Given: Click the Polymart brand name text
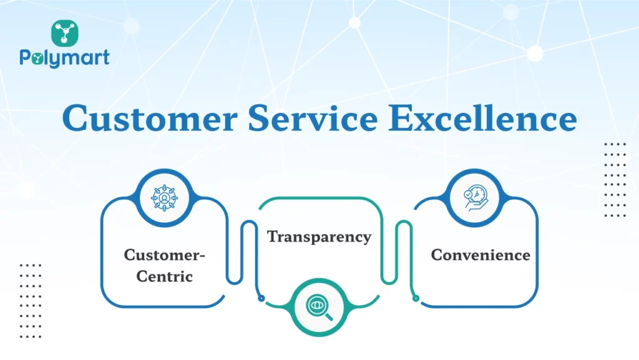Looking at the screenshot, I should point(64,59).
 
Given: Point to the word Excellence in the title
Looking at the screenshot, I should point(482,118).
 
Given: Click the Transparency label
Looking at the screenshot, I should point(319,237).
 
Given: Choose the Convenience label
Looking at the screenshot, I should point(480,255).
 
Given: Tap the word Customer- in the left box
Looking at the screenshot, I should point(165,255).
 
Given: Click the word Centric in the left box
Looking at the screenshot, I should point(165,276).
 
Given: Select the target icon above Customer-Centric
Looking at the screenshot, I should point(165,198).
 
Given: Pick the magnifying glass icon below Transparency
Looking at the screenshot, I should point(319,305).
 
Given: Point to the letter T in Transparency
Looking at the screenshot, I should point(273,237).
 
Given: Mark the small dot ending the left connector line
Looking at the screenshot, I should point(261,298).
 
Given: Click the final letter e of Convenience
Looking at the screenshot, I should point(525,255).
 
